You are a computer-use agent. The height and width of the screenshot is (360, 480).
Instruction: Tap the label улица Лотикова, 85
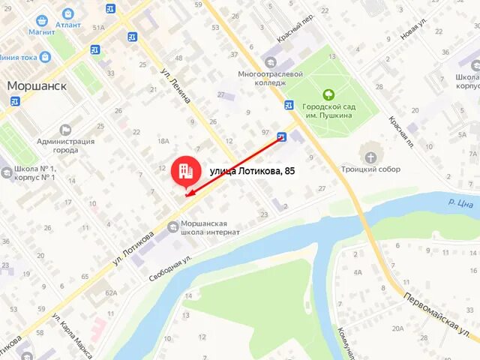pyautogui.click(x=252, y=172)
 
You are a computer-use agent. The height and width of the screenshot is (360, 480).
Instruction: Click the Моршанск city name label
pyautogui.click(x=37, y=85)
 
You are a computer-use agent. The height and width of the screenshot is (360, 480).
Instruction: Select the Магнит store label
pyautogui.click(x=42, y=31)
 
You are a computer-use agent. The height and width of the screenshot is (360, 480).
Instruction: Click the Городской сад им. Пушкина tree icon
pyautogui.click(x=328, y=94)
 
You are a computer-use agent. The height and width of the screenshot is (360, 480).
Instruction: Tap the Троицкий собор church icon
pyautogui.click(x=371, y=157)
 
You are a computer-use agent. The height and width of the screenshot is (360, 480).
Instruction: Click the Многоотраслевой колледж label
pyautogui.click(x=270, y=79)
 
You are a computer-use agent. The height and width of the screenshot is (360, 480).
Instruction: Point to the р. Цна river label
pyautogui.click(x=460, y=202)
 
